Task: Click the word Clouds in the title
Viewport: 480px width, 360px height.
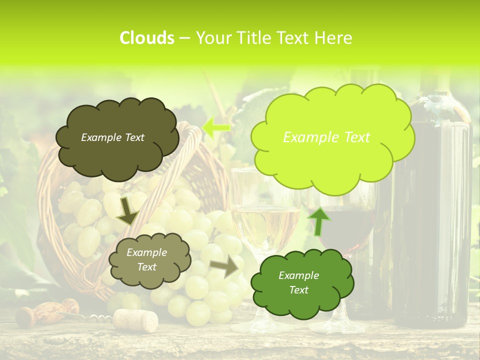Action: (147, 38)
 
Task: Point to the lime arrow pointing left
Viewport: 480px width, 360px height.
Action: (216, 127)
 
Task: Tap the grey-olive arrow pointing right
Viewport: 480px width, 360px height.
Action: (224, 267)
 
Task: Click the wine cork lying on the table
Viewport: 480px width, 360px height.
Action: (135, 320)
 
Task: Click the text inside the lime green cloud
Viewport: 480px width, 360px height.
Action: (326, 137)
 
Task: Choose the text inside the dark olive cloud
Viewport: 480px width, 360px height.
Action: (112, 137)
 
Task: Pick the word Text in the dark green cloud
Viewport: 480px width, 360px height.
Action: (298, 290)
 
